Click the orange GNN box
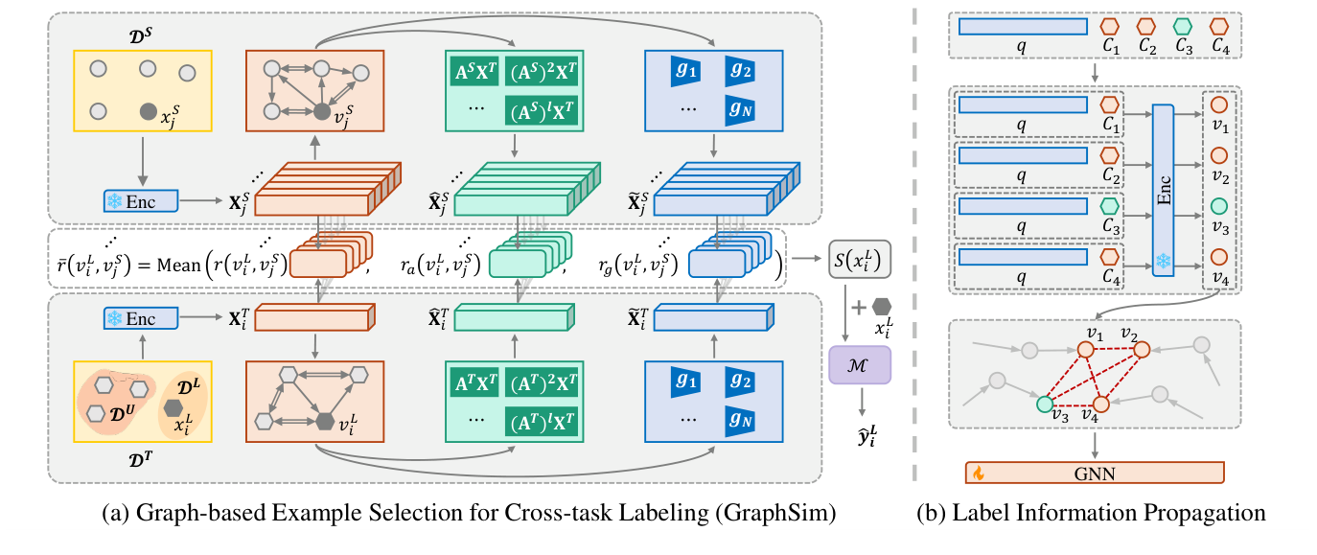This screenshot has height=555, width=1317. [x=1095, y=473]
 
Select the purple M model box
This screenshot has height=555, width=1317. [x=860, y=365]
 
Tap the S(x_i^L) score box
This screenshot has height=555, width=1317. [x=860, y=259]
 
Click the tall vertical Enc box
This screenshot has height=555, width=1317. [x=1163, y=191]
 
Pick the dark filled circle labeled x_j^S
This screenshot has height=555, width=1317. [x=149, y=111]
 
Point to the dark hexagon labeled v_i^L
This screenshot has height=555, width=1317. [x=325, y=422]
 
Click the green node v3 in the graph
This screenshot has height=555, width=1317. [x=1044, y=404]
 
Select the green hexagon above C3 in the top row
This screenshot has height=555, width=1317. [x=1183, y=27]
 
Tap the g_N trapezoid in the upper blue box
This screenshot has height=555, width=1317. [x=740, y=110]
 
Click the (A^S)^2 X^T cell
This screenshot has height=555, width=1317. [x=541, y=72]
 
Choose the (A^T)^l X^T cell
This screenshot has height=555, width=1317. [x=541, y=423]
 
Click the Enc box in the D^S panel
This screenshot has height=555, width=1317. [x=141, y=201]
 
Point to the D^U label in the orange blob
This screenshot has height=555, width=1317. [x=123, y=414]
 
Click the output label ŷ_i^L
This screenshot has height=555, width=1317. [x=866, y=437]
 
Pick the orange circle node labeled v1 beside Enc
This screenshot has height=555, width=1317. [x=1219, y=104]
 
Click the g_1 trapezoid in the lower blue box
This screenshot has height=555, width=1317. [x=685, y=382]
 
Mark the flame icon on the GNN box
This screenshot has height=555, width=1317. [x=978, y=473]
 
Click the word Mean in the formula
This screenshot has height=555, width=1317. [x=178, y=266]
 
